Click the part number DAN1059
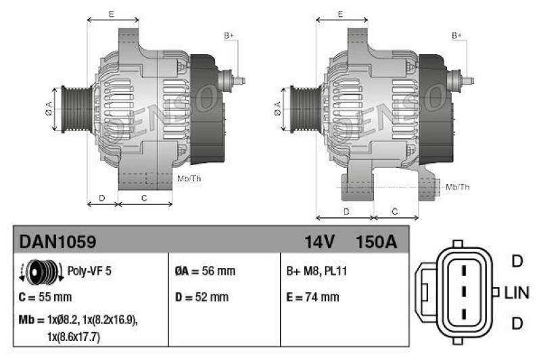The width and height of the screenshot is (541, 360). (x=57, y=242)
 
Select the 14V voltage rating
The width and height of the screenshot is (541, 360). (x=319, y=242)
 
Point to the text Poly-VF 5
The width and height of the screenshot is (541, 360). (x=89, y=271)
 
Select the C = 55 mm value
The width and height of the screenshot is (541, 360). (x=45, y=297)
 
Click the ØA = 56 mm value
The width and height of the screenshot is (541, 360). (x=205, y=271)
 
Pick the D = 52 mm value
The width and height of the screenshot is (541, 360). (x=202, y=297)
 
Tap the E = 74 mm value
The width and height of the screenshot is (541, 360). (x=313, y=297)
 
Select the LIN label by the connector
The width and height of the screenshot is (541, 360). (x=517, y=292)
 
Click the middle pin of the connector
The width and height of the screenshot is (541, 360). (x=463, y=292)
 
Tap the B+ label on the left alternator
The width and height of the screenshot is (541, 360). (x=229, y=35)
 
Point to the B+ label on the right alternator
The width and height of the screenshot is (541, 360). (x=457, y=35)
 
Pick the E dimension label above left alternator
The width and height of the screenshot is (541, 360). (x=112, y=13)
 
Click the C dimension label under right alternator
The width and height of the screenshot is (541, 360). (x=396, y=212)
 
